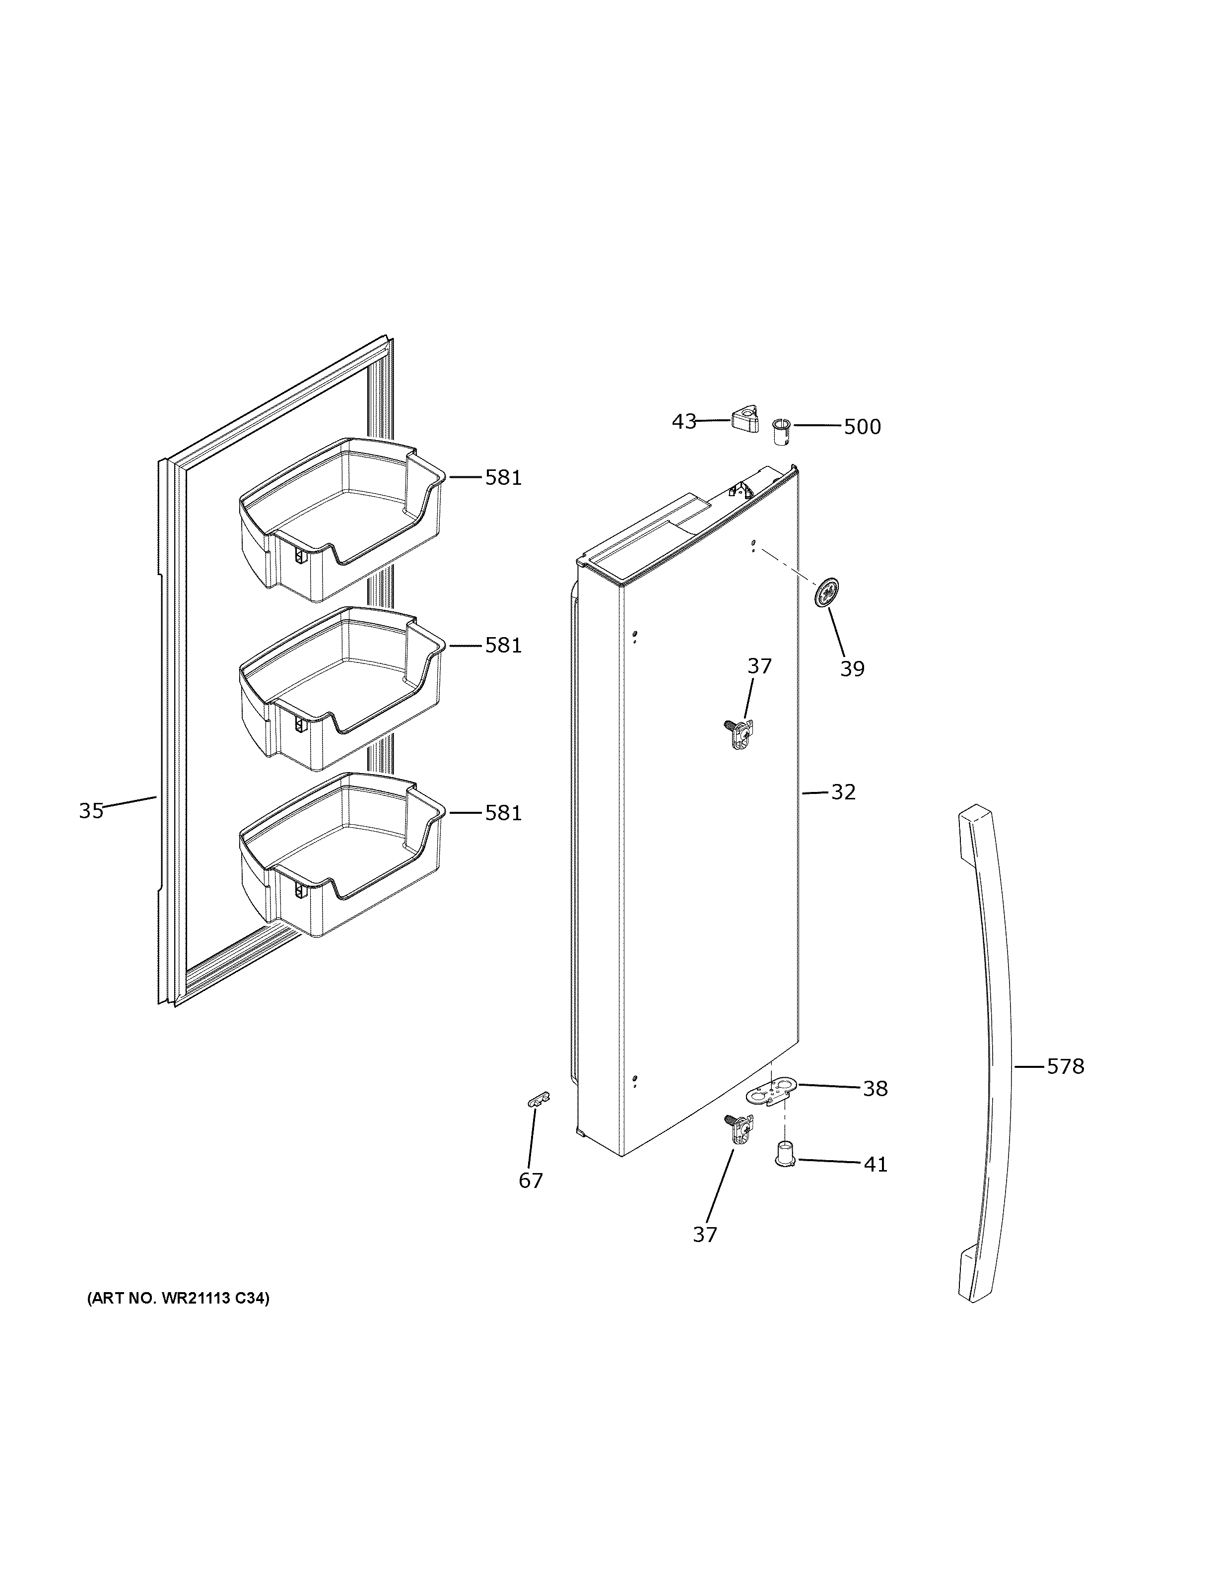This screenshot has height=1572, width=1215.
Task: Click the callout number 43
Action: point(684,421)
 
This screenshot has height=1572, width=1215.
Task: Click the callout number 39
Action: point(852,669)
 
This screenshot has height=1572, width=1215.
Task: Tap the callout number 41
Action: point(875,1164)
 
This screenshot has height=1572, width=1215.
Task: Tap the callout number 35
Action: point(91,811)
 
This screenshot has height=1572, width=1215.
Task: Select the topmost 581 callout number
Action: point(502,478)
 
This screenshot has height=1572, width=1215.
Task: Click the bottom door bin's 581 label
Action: point(502,813)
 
